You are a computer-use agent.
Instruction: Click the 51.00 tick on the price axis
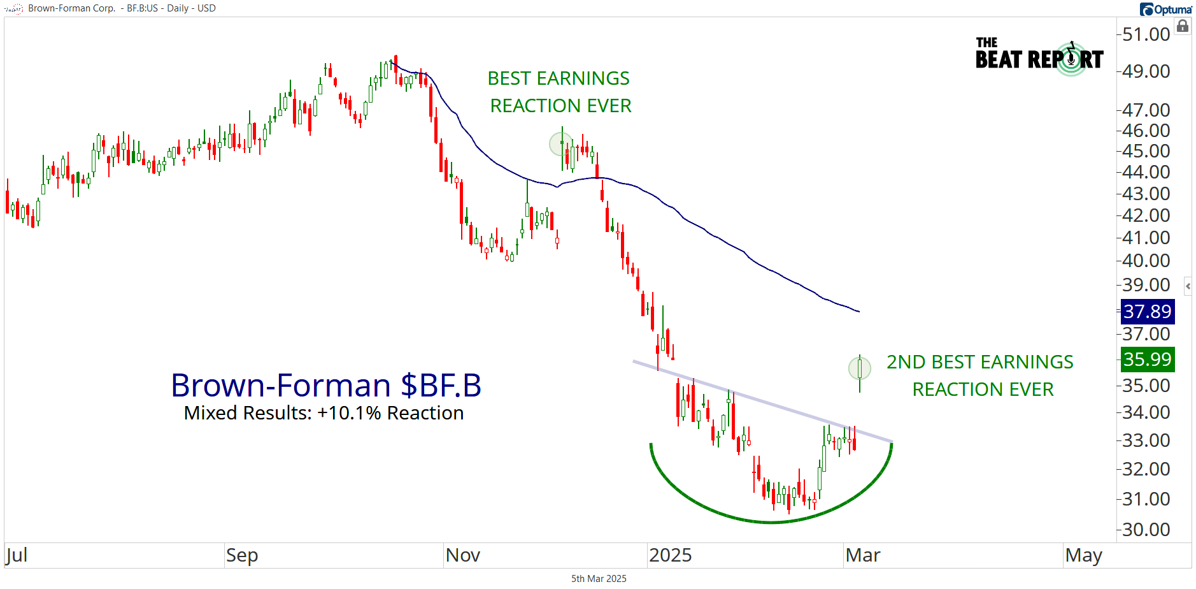pos(1146,34)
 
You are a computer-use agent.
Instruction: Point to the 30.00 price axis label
pos(1146,530)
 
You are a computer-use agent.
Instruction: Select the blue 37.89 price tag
pos(1147,312)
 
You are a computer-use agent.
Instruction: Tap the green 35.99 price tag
pos(1147,360)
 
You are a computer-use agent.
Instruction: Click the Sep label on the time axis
pos(242,555)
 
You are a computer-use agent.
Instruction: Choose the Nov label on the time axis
pos(462,555)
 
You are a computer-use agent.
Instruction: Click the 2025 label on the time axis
pos(670,555)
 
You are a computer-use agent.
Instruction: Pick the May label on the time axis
pos(1083,555)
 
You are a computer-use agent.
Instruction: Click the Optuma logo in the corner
pos(1165,9)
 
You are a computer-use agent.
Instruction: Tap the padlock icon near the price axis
pos(1183,26)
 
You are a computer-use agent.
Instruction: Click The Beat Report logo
pos(1039,57)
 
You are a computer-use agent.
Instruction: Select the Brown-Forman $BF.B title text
pos(326,386)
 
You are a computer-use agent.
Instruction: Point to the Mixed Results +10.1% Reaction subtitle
pos(324,413)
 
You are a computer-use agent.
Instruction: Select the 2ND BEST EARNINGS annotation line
pos(979,362)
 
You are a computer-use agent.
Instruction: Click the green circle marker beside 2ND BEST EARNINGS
pos(860,368)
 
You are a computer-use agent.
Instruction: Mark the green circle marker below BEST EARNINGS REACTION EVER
pos(561,144)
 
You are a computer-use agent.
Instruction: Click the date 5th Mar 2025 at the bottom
pos(599,579)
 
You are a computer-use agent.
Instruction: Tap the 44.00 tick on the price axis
pos(1146,172)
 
